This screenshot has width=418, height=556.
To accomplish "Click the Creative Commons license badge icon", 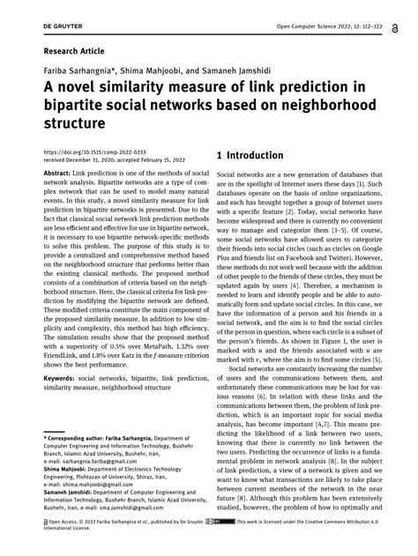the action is [216, 545].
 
